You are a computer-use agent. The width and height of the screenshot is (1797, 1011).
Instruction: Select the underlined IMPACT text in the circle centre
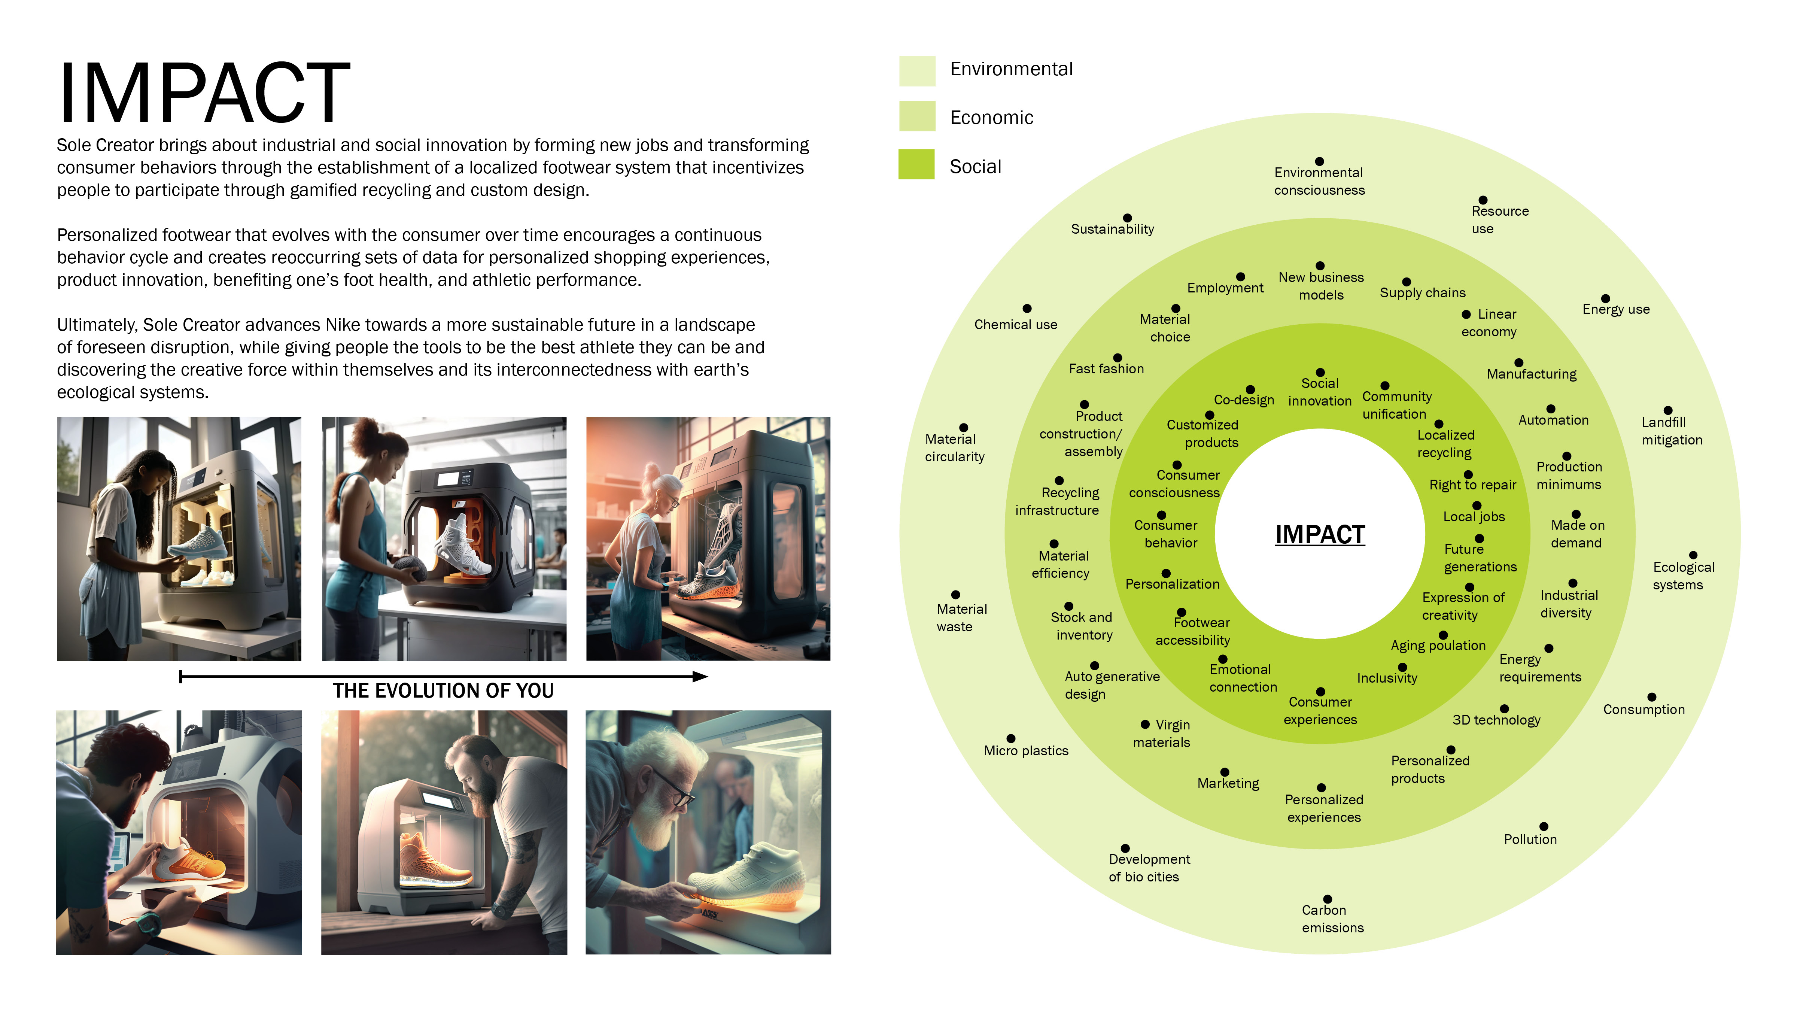[1319, 534]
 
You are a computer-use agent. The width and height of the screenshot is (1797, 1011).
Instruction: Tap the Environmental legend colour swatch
[916, 70]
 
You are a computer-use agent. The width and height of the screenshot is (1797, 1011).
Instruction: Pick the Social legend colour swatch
[916, 165]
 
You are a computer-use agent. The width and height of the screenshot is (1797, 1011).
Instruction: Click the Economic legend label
[991, 117]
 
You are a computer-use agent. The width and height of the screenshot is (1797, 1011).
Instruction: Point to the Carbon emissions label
[1332, 918]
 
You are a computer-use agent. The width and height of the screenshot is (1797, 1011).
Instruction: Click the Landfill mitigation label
[1672, 431]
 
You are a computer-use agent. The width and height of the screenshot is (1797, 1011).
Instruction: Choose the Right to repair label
[1472, 485]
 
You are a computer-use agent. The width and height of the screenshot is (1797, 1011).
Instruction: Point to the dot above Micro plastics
[1011, 738]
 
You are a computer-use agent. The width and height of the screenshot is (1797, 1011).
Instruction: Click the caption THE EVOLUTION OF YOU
[443, 691]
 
